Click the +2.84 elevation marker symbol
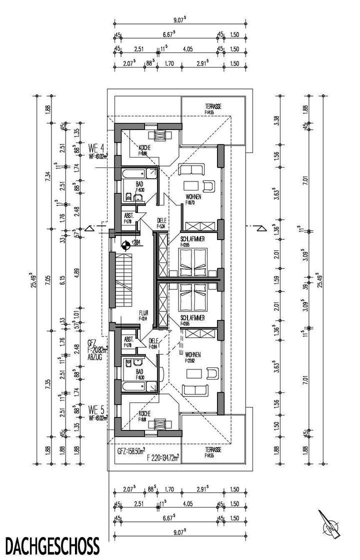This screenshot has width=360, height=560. pyautogui.click(x=124, y=244)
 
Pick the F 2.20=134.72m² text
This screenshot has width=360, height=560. pyautogui.click(x=162, y=456)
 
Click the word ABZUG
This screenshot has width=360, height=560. pyautogui.click(x=95, y=357)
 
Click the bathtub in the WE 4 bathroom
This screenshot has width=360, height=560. pyautogui.click(x=134, y=173)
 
